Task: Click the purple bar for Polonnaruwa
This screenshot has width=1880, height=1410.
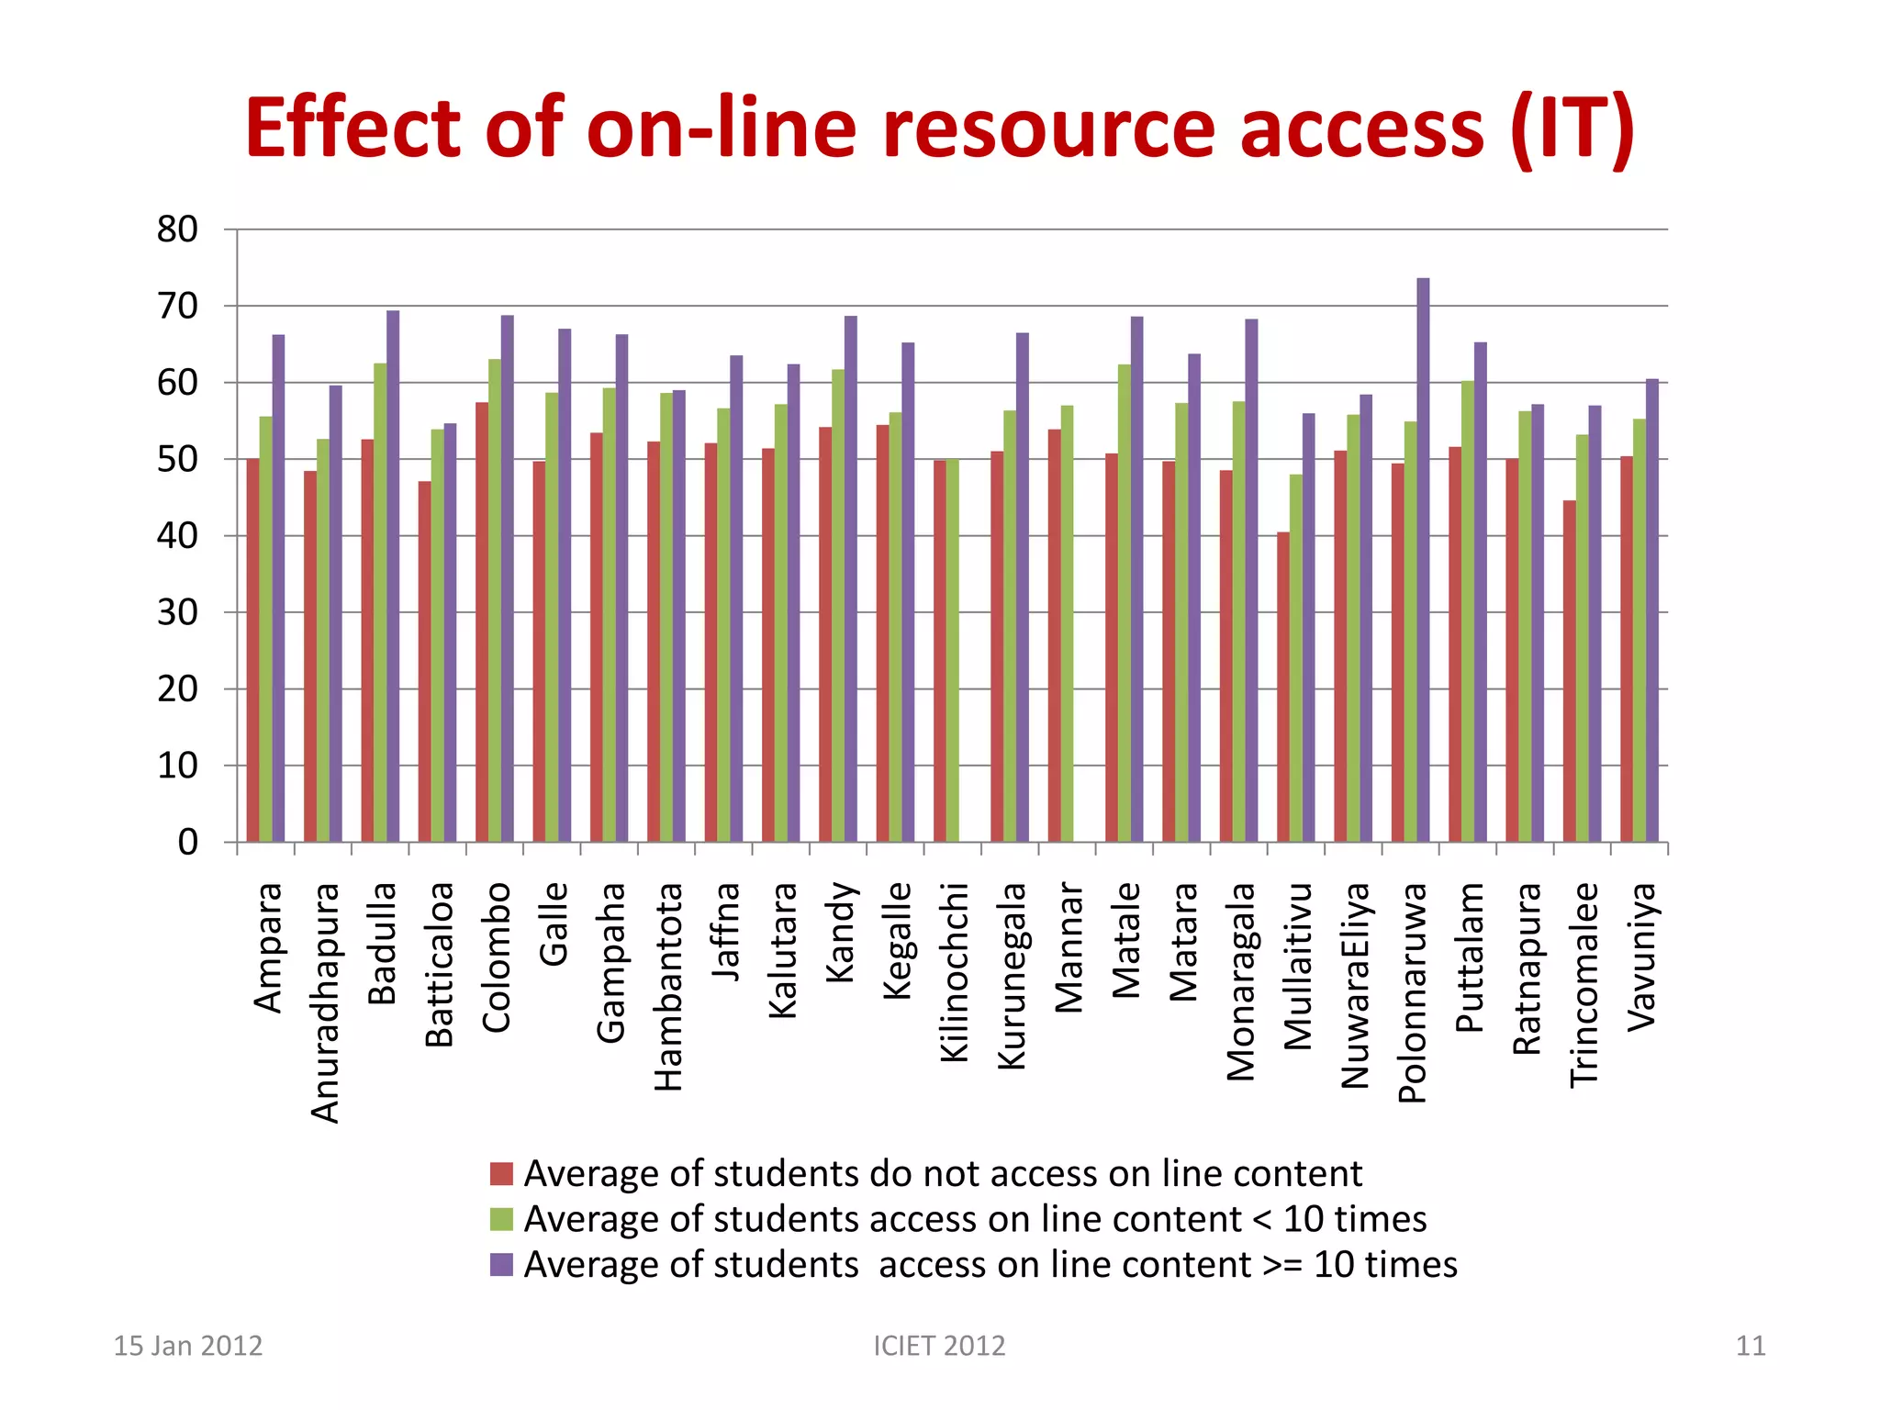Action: tap(1423, 560)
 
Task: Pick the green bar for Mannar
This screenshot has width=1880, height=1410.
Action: tap(1068, 623)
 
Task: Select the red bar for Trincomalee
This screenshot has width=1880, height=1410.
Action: tap(1570, 671)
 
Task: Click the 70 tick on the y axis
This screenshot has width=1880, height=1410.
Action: tap(177, 307)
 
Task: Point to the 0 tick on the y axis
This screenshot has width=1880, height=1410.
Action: tap(187, 842)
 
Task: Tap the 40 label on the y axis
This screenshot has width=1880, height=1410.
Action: tap(177, 536)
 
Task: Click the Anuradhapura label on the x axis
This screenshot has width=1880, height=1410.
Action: tap(326, 1002)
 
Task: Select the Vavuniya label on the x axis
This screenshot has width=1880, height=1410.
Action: tap(1642, 957)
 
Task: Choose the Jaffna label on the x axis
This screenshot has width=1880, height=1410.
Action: tap(726, 931)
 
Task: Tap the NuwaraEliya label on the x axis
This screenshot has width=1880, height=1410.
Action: tap(1356, 985)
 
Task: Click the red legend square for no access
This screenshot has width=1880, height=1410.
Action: tap(501, 1174)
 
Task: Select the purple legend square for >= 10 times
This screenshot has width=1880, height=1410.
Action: tap(501, 1265)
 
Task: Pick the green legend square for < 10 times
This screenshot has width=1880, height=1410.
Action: tap(501, 1219)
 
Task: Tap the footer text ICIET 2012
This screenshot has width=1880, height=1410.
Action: tap(939, 1346)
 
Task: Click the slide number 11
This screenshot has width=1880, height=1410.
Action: tap(1750, 1346)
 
